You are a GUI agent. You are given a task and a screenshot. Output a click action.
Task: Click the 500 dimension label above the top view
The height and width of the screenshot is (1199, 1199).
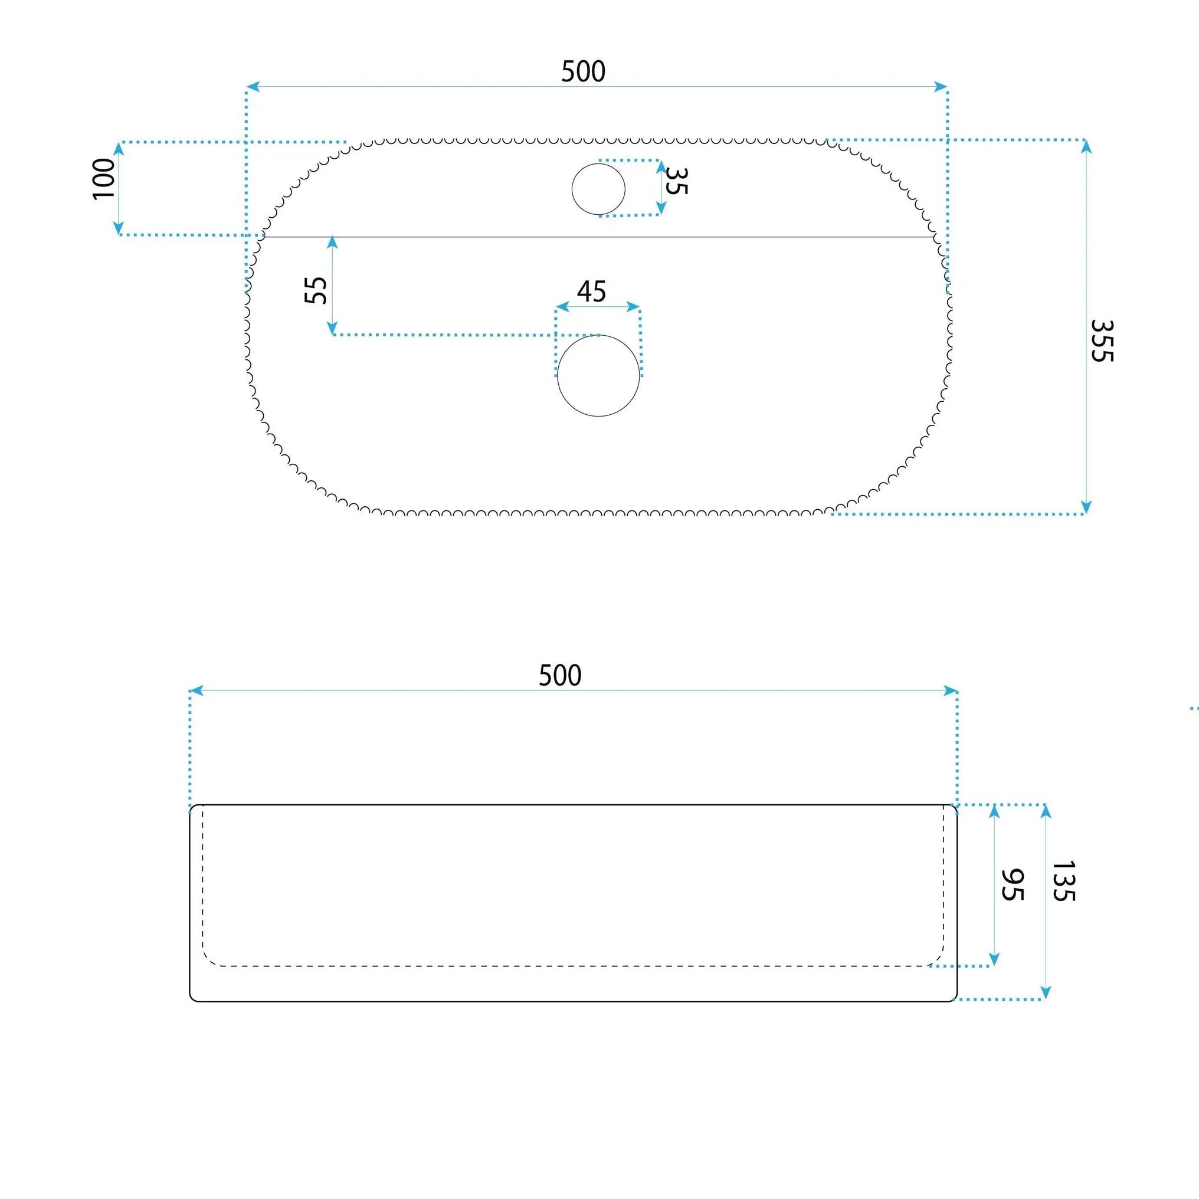(583, 71)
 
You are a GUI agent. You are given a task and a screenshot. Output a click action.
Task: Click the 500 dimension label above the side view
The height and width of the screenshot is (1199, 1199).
(560, 675)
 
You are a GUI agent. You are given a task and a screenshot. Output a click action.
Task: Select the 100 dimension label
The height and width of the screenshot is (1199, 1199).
(104, 179)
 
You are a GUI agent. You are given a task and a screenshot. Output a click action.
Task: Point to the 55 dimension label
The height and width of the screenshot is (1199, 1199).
(316, 290)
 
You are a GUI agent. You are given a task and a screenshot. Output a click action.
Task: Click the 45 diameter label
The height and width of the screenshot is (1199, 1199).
(591, 291)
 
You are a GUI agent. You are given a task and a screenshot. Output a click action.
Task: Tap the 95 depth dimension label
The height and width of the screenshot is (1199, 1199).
(1012, 885)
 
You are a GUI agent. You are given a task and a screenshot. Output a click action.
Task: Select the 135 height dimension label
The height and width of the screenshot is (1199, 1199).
(1063, 881)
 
